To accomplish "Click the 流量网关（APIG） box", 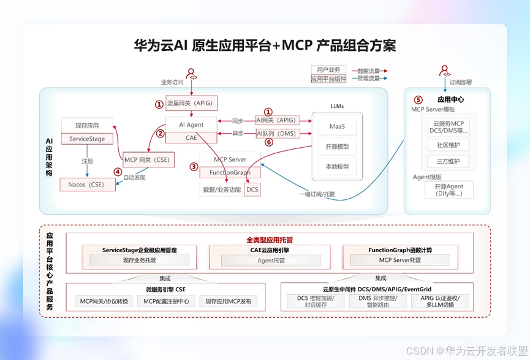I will click(x=192, y=103).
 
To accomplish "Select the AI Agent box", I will click(x=191, y=124).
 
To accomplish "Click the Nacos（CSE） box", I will click(x=87, y=184).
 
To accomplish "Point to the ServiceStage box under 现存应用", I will click(x=87, y=139).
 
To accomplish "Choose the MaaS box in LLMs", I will click(x=337, y=126).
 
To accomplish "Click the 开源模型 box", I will click(x=337, y=147).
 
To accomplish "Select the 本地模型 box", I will click(x=337, y=166).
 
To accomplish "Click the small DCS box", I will click(x=252, y=190).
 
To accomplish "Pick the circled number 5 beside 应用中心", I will click(x=418, y=99).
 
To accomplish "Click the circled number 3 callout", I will click(x=194, y=166).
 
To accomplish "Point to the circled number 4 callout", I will click(x=118, y=172).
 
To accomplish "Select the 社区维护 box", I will click(x=448, y=145).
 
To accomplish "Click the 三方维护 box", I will click(x=448, y=162).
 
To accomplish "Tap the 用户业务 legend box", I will click(x=328, y=70).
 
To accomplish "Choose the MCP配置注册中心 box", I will click(x=166, y=301).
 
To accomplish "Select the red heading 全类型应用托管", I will click(x=270, y=240).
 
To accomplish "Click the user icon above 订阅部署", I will click(x=445, y=72).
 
